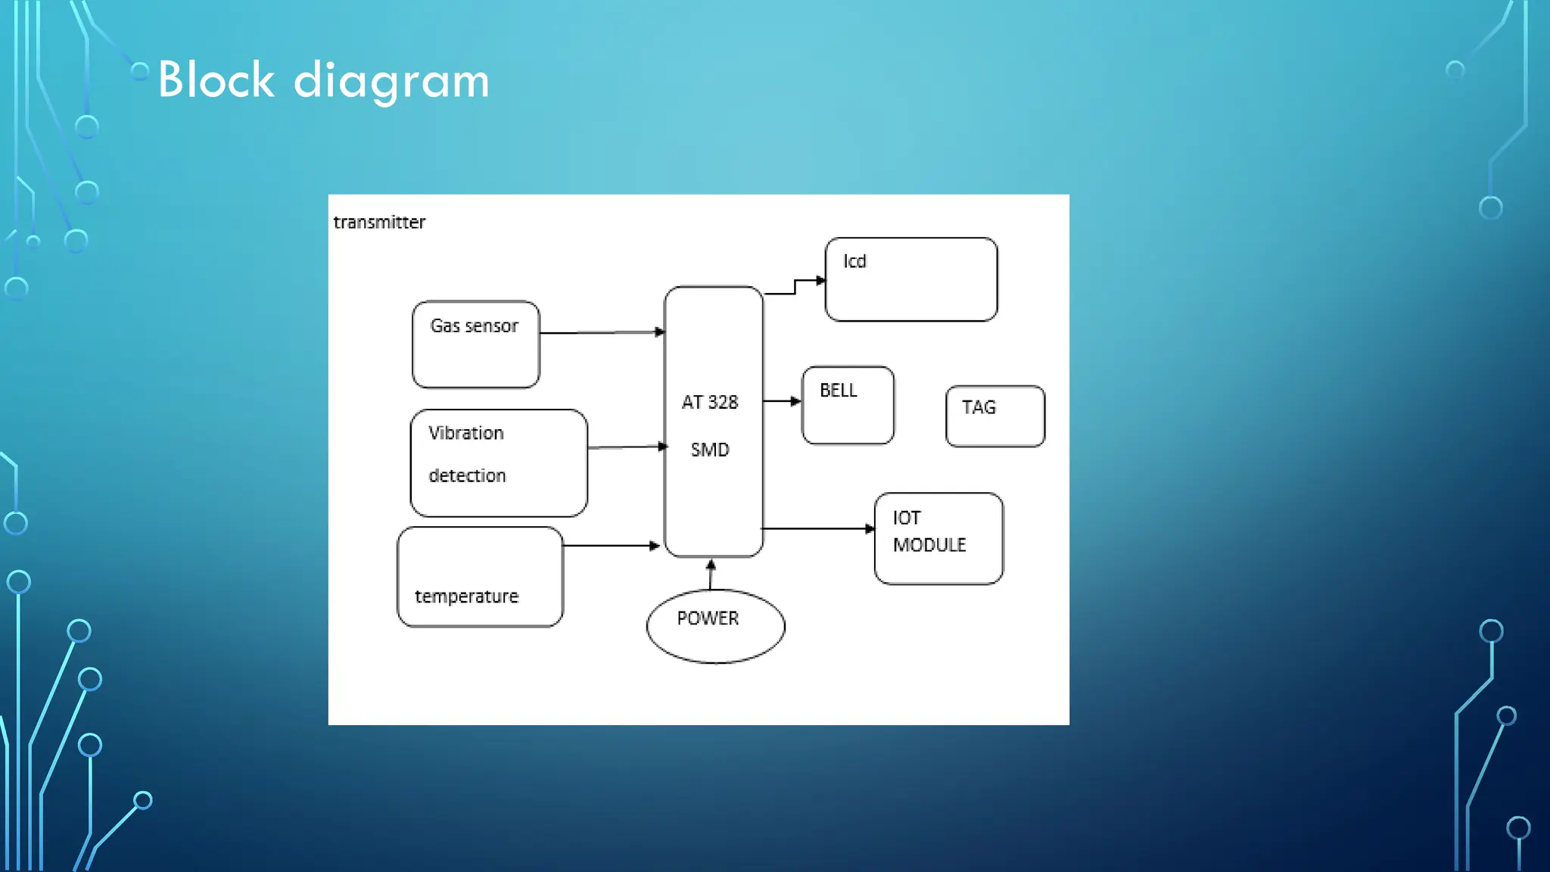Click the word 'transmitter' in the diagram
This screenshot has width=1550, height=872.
pos(379,223)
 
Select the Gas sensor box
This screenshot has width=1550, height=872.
pos(476,344)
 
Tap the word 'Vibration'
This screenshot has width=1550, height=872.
pos(465,433)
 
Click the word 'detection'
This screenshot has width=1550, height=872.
pos(467,476)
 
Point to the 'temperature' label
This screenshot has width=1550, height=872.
pos(466,596)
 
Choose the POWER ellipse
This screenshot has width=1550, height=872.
pos(715,627)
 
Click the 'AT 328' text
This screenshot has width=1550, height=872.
pos(709,403)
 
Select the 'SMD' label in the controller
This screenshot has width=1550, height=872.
pos(709,450)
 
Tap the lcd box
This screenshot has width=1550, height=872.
pos(910,279)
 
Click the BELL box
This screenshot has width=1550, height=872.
pos(848,406)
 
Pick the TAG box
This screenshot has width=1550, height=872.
pos(995,416)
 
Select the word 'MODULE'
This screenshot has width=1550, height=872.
pos(929,545)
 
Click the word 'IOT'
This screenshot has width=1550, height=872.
pos(906,519)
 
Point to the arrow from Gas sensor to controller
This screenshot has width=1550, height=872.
pos(602,332)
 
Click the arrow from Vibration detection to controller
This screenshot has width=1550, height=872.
pos(627,447)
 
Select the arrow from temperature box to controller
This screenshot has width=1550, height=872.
pos(612,545)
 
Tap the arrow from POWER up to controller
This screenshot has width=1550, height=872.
pos(710,575)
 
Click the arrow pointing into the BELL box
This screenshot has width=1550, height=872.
pos(782,401)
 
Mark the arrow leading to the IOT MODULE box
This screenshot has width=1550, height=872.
pos(817,528)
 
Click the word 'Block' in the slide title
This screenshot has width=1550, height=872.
pos(216,80)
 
